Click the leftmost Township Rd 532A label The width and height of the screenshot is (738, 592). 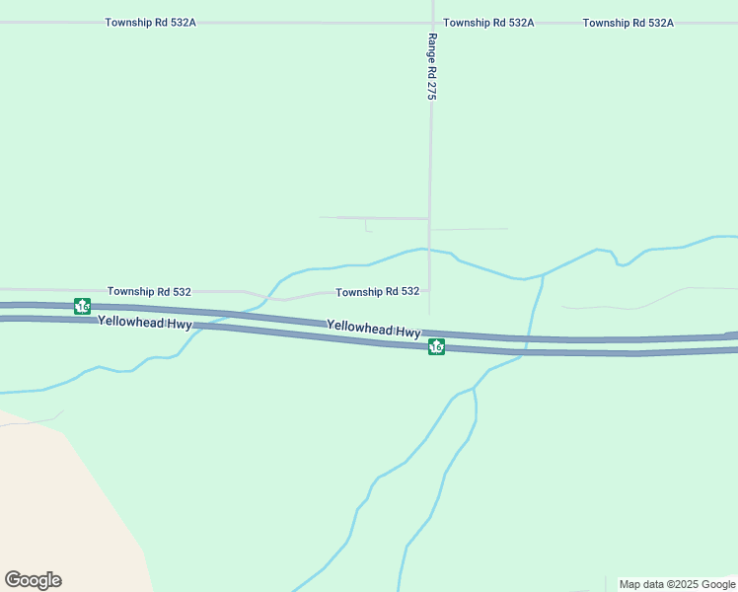(x=150, y=22)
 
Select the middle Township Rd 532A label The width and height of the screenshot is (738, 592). (x=488, y=22)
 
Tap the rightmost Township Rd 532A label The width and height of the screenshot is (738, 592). (x=627, y=22)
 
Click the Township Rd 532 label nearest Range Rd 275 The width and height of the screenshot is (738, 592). (x=377, y=292)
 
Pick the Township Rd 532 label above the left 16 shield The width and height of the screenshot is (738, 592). (x=149, y=292)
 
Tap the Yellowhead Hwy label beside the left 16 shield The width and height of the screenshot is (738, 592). (x=145, y=322)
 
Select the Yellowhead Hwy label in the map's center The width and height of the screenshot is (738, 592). (x=374, y=330)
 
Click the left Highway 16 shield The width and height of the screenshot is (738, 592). (x=82, y=307)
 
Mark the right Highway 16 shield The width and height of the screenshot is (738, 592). (x=436, y=346)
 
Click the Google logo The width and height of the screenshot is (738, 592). (x=33, y=580)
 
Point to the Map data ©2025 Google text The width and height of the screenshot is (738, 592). (x=678, y=584)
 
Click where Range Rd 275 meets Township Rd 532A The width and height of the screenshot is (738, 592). (x=432, y=22)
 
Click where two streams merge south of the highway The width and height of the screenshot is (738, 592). (x=474, y=389)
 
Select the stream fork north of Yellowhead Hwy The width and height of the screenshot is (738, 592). (x=542, y=275)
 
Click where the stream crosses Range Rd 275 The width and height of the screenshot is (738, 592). (x=428, y=249)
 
